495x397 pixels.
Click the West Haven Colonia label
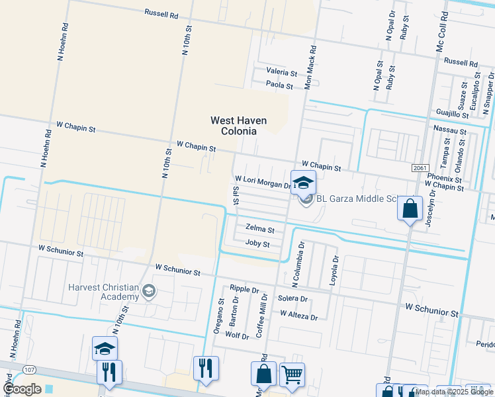[232, 125]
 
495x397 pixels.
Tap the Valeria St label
[281, 71]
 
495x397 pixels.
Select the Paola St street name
[279, 85]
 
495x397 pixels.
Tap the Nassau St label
[450, 131]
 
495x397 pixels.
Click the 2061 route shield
[420, 168]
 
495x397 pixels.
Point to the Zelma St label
[259, 230]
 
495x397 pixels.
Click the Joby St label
[257, 244]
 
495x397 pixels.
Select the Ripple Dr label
[244, 290]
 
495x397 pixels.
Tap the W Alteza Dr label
[298, 317]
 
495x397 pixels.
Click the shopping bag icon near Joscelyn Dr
[410, 208]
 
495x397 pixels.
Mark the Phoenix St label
[444, 179]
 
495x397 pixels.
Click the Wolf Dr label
[236, 335]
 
